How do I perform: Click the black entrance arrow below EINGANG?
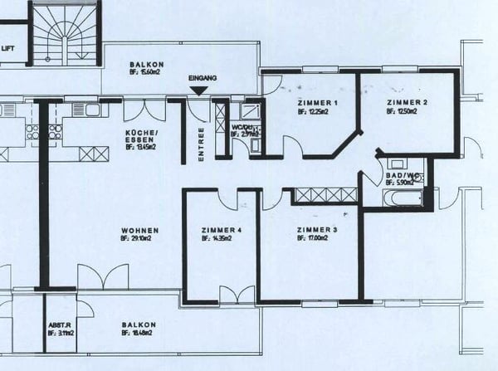[199, 90]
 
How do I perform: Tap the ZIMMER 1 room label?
[318, 103]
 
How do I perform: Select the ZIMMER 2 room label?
[407, 103]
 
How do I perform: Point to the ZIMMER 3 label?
[317, 229]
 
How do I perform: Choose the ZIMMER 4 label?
[222, 230]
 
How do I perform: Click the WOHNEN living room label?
[139, 231]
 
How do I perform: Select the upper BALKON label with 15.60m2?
[146, 65]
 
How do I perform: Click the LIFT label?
[8, 48]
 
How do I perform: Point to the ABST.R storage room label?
[57, 325]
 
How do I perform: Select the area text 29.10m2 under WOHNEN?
[139, 239]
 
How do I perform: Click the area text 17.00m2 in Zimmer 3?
[316, 238]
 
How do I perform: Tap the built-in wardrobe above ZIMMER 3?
[325, 196]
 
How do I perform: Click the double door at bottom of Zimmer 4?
[237, 295]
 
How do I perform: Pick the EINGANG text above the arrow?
[203, 78]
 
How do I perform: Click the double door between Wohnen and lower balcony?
[103, 277]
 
